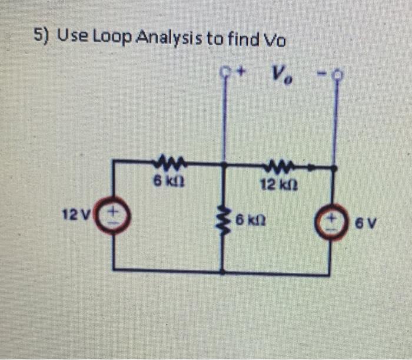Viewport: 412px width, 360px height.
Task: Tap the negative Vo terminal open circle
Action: pyautogui.click(x=336, y=75)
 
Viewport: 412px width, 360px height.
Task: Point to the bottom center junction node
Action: pyautogui.click(x=222, y=272)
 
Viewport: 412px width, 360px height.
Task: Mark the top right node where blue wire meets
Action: pyautogui.click(x=334, y=168)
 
